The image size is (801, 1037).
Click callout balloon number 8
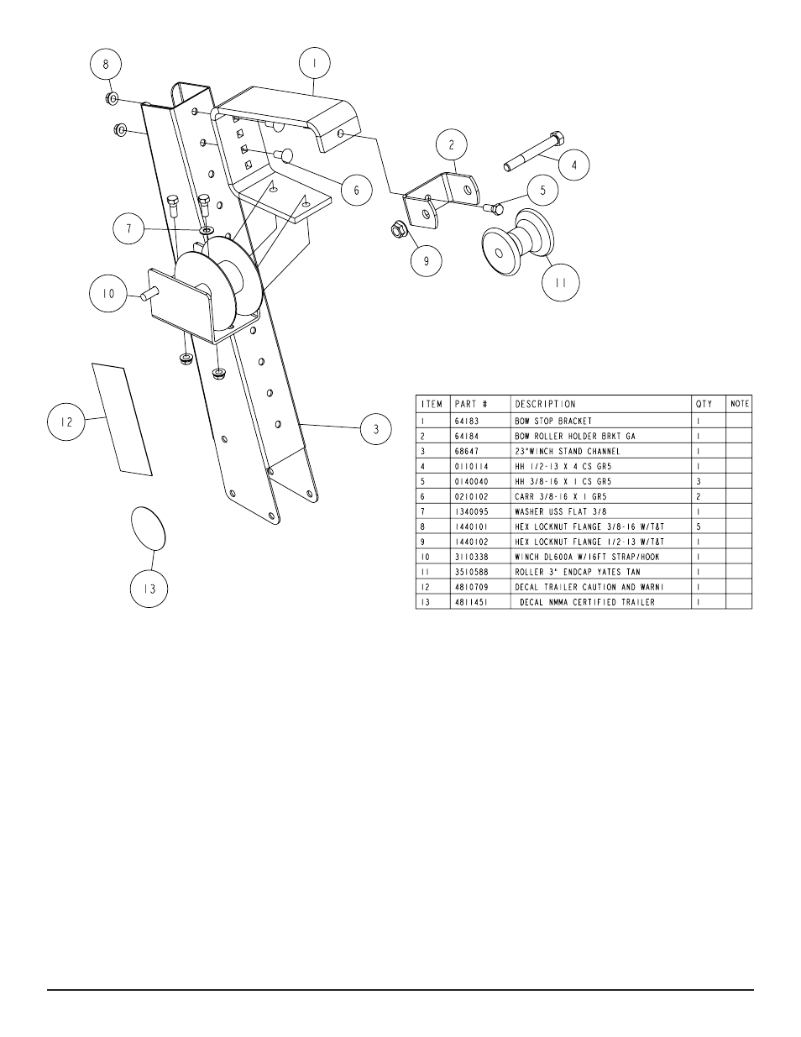point(106,65)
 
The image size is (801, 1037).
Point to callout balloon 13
point(148,588)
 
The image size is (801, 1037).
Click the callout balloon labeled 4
point(574,165)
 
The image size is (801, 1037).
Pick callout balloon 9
point(427,261)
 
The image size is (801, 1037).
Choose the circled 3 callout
point(376,429)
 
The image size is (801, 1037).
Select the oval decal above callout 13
point(148,527)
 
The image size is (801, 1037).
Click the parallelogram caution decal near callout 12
point(123,419)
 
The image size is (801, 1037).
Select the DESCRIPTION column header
point(545,404)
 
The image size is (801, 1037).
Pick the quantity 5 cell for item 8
point(698,526)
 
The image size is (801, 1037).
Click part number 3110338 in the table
point(470,557)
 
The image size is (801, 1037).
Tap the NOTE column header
point(740,404)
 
